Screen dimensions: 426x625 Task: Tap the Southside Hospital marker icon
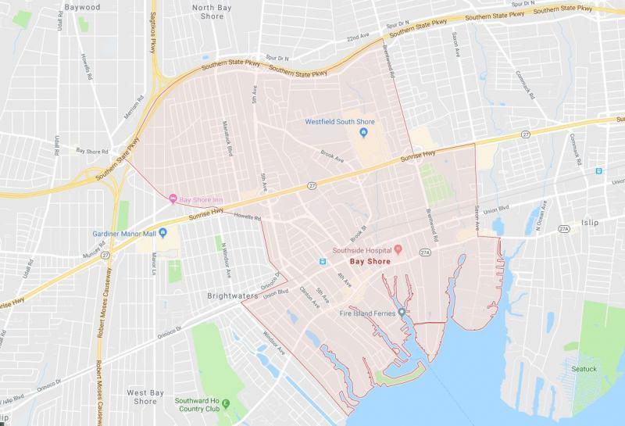[x=398, y=249]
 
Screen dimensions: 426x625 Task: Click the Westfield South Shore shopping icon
[x=363, y=134]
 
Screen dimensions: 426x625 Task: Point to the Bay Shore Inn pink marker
[x=173, y=199]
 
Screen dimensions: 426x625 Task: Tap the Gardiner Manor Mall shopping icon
[x=163, y=233]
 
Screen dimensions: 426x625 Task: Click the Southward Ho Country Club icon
[x=226, y=403]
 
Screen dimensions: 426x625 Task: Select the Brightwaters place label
[x=232, y=296]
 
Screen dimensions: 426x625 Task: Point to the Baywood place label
[x=83, y=7]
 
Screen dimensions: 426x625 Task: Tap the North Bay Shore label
[x=212, y=11]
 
